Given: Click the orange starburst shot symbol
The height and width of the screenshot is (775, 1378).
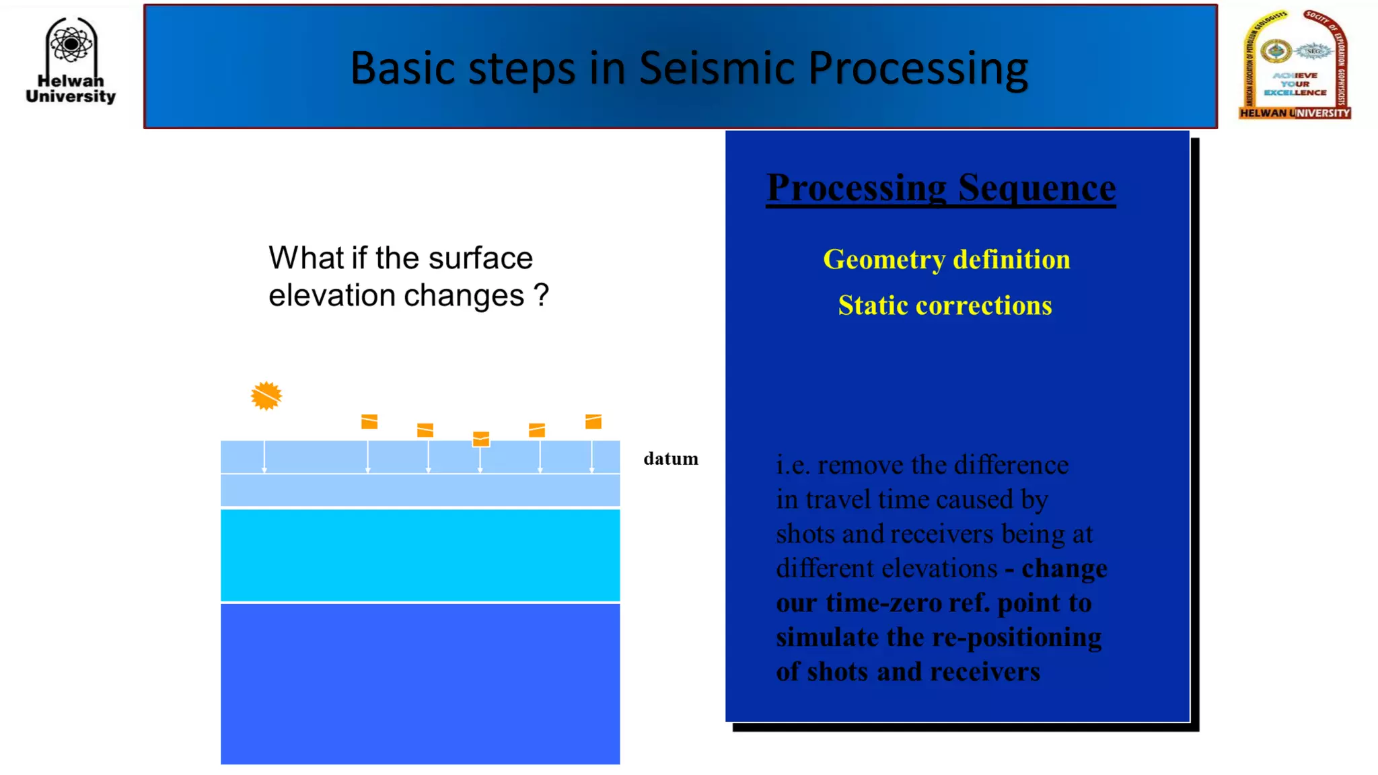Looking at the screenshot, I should (x=266, y=396).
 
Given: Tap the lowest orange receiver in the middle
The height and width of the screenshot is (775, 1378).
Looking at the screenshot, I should (x=481, y=439).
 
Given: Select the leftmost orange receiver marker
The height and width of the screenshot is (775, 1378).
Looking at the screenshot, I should (x=369, y=422).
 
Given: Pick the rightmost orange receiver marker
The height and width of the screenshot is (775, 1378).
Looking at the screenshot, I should (x=593, y=422).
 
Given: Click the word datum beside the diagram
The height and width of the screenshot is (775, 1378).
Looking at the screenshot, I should (x=670, y=459).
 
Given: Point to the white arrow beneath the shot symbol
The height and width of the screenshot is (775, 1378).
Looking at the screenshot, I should (x=264, y=457).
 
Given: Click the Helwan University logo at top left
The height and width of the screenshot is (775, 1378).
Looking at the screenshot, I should (x=71, y=61).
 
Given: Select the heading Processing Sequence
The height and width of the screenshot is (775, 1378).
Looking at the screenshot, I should (x=941, y=187).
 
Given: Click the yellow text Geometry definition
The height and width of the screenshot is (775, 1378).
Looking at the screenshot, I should (x=946, y=260).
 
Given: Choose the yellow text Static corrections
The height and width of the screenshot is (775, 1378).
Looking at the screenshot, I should (x=945, y=306).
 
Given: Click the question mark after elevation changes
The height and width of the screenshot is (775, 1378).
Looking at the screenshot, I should (x=541, y=295).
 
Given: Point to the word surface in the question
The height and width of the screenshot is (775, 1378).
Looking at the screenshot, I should (x=480, y=258).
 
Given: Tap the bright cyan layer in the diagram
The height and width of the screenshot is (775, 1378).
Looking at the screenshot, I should (x=420, y=555).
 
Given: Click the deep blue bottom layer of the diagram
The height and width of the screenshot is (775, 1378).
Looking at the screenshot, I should (x=420, y=683).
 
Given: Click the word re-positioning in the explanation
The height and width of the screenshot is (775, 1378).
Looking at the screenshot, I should (x=1034, y=637).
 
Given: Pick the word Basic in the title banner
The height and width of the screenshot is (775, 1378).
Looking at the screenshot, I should (x=402, y=68).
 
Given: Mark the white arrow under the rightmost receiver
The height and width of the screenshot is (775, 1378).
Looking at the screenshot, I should (x=591, y=457).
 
